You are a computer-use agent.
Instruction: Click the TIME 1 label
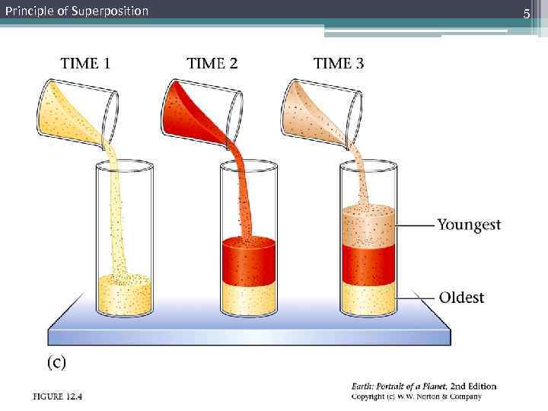84,64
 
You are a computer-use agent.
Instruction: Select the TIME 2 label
212,64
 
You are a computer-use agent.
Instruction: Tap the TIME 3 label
338,64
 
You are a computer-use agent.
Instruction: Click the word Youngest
469,225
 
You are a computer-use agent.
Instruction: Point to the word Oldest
461,297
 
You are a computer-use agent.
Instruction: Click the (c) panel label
57,363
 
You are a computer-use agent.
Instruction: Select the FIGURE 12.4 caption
57,396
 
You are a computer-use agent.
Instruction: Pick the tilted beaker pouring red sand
199,110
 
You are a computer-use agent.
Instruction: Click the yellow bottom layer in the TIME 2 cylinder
247,299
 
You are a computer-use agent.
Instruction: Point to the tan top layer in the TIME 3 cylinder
368,226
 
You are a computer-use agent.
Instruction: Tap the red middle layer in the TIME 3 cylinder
368,265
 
